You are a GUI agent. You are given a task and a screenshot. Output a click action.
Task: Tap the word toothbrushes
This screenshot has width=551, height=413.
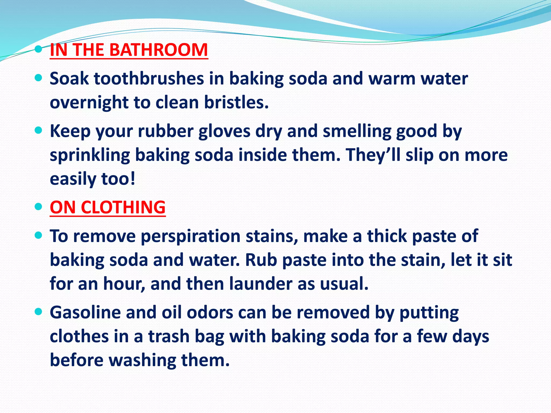[x=149, y=79]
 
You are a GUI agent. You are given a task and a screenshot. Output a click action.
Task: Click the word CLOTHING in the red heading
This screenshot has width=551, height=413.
[x=123, y=207]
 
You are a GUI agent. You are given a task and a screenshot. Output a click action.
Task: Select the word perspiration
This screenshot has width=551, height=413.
[x=190, y=236]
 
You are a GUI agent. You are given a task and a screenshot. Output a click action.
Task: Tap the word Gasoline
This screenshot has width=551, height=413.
[x=85, y=312]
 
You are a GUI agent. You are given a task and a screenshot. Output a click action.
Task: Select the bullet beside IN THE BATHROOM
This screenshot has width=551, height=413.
[x=39, y=49]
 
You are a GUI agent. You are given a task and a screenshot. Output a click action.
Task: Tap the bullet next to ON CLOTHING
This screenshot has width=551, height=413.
[x=39, y=206]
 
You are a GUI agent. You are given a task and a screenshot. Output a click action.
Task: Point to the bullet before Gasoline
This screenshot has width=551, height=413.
[x=39, y=312]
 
